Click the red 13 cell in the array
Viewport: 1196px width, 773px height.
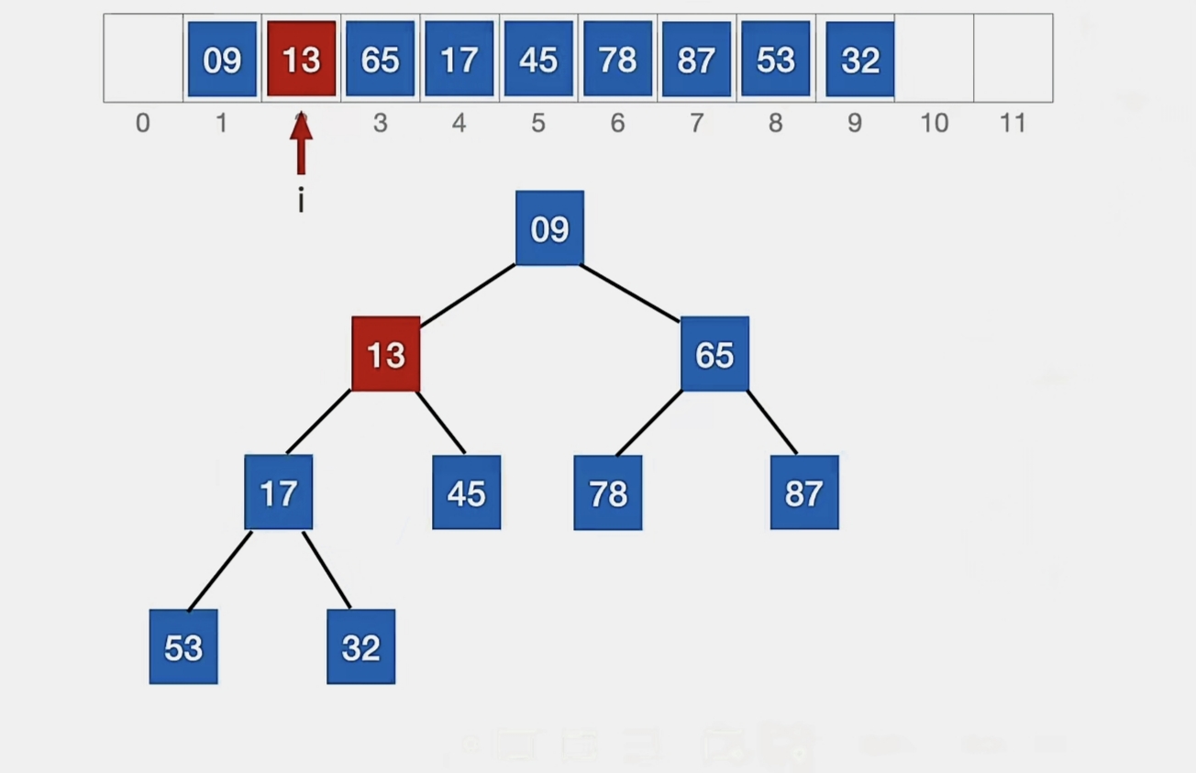(x=301, y=59)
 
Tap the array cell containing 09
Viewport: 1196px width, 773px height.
(x=222, y=59)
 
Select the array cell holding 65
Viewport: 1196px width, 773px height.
(x=380, y=59)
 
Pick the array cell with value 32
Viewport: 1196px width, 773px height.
(x=859, y=59)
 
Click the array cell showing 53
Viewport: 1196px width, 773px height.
(x=775, y=59)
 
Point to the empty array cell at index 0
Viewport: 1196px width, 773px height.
(x=143, y=58)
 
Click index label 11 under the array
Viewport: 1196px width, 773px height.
(x=1013, y=123)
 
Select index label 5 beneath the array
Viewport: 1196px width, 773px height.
(x=538, y=123)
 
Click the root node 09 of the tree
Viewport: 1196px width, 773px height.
(x=549, y=228)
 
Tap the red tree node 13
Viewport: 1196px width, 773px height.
(x=386, y=354)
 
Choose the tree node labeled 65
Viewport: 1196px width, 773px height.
(x=714, y=354)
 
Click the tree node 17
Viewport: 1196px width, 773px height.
(x=278, y=492)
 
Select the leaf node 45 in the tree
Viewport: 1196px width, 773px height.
(x=466, y=492)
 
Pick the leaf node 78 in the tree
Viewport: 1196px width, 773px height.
(x=607, y=493)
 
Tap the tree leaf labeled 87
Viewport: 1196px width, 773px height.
(x=803, y=492)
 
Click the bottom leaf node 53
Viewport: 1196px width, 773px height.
(x=183, y=646)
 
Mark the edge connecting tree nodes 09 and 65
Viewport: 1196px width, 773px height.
(x=631, y=293)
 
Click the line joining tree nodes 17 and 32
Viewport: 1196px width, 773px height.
(x=327, y=569)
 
